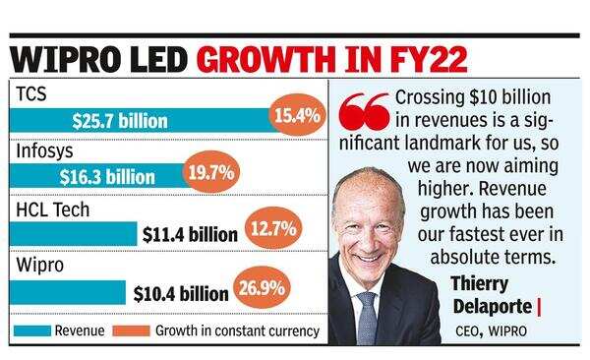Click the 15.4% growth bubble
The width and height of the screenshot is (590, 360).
coord(296,116)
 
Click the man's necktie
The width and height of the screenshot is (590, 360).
coord(367,319)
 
